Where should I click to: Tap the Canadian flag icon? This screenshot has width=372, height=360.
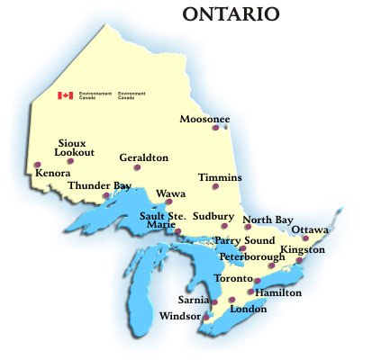coord(65,94)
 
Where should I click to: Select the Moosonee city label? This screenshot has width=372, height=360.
coord(204,118)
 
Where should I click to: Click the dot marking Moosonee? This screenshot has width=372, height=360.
coord(214,128)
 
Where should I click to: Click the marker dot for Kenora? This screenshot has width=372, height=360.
coord(37,165)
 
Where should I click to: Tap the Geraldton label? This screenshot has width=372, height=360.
coord(144,157)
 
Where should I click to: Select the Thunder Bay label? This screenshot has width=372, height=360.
coord(100,186)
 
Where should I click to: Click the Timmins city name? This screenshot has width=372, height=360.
coord(221,177)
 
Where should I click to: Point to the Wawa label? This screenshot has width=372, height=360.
coord(170,193)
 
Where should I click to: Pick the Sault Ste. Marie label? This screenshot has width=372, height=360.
coord(162,220)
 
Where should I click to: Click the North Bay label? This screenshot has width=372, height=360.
coord(268,220)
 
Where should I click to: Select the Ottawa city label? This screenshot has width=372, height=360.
coord(310,229)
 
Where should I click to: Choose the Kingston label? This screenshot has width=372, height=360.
coord(302,248)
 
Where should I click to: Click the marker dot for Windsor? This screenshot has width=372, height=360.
coord(205,317)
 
